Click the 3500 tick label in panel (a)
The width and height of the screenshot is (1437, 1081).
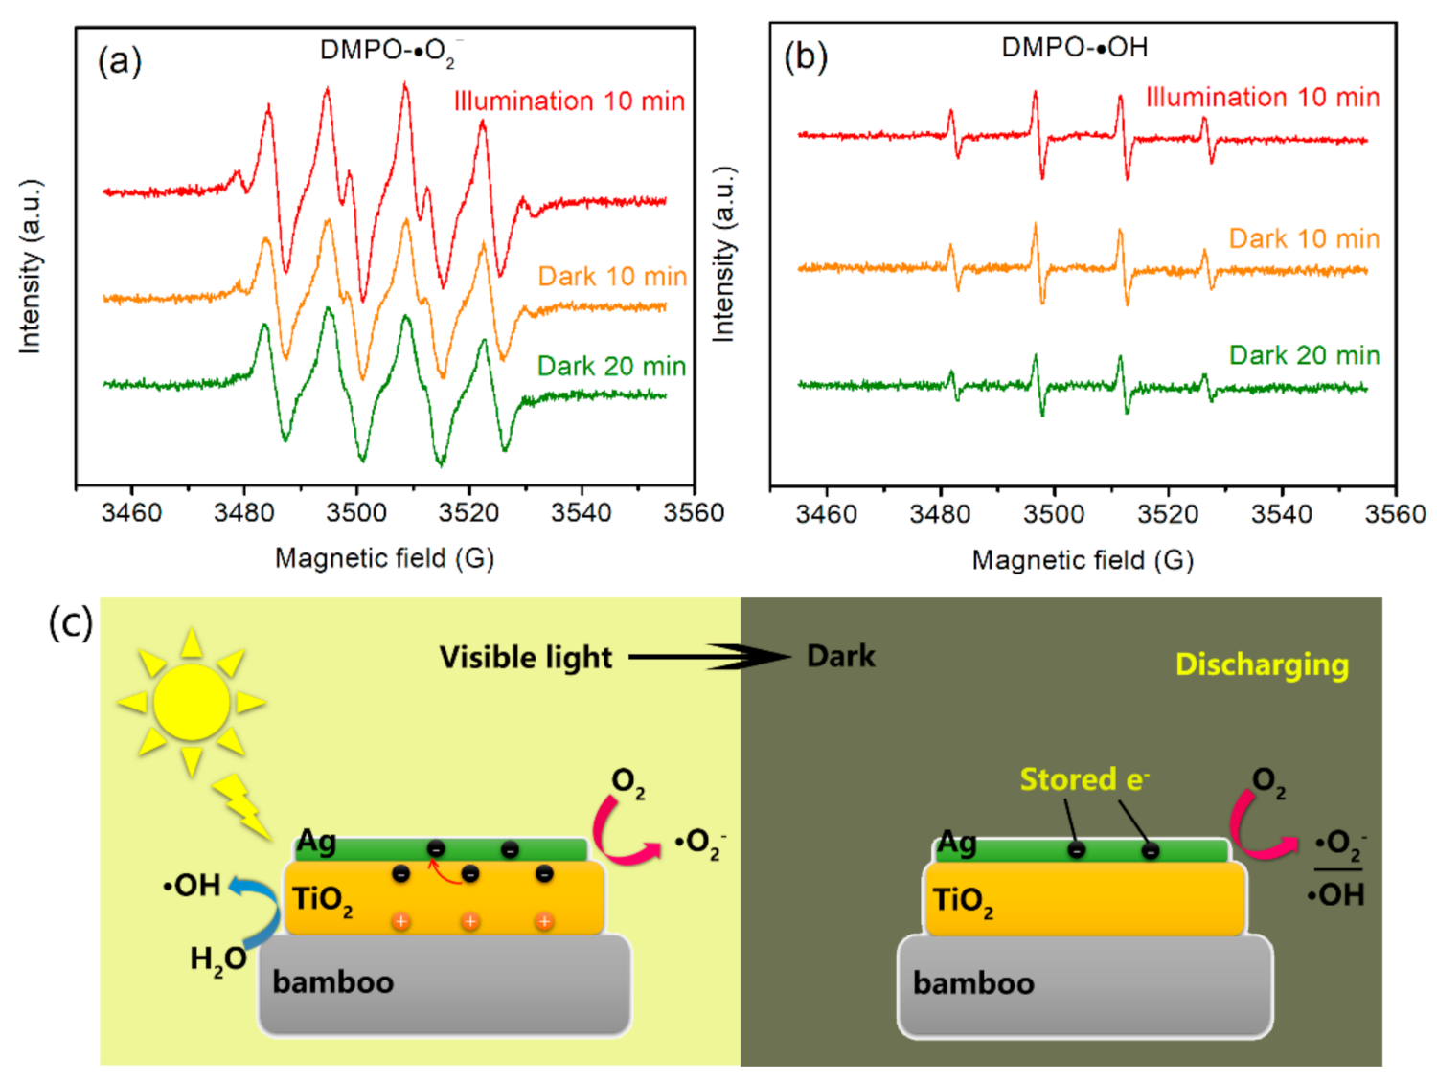[x=356, y=513]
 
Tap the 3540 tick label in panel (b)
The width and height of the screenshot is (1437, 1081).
[x=1282, y=515]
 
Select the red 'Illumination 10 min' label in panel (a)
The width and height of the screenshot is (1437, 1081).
[x=569, y=101]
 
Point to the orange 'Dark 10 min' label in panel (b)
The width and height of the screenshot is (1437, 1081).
[x=1304, y=238]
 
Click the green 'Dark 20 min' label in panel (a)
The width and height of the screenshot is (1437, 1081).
[x=611, y=366]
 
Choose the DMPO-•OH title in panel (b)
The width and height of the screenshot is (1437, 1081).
[x=1074, y=48]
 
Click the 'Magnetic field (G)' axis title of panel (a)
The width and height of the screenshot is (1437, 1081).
[x=384, y=558]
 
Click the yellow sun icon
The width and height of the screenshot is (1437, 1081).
[x=192, y=703]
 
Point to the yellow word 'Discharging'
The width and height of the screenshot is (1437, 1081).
[x=1262, y=664]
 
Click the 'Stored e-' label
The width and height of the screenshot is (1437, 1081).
[x=1083, y=779]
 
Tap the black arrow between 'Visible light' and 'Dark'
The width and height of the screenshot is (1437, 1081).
[x=709, y=657]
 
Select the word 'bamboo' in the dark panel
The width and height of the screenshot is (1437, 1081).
[x=973, y=983]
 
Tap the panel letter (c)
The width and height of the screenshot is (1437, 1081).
[x=70, y=622]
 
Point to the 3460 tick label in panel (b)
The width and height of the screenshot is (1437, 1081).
[x=826, y=515]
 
